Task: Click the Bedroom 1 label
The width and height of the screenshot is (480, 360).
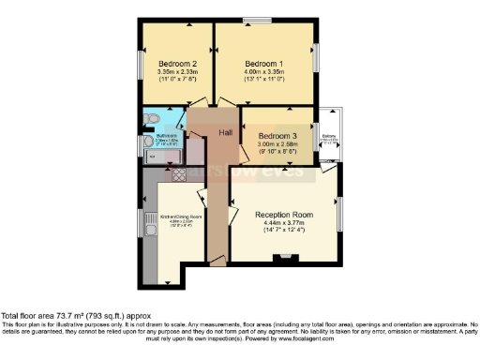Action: coord(263,63)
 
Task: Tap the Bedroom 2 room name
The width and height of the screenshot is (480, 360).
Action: coord(176,63)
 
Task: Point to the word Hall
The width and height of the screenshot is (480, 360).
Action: coord(226,133)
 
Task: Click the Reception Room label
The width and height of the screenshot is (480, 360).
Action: coord(284,215)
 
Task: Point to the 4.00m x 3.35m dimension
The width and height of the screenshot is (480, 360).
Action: coord(263,72)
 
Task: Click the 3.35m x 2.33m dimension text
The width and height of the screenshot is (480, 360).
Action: coord(176,72)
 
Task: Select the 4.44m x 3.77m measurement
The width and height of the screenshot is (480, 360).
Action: coord(284,225)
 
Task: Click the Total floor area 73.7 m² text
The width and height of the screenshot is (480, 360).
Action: coord(75,316)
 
